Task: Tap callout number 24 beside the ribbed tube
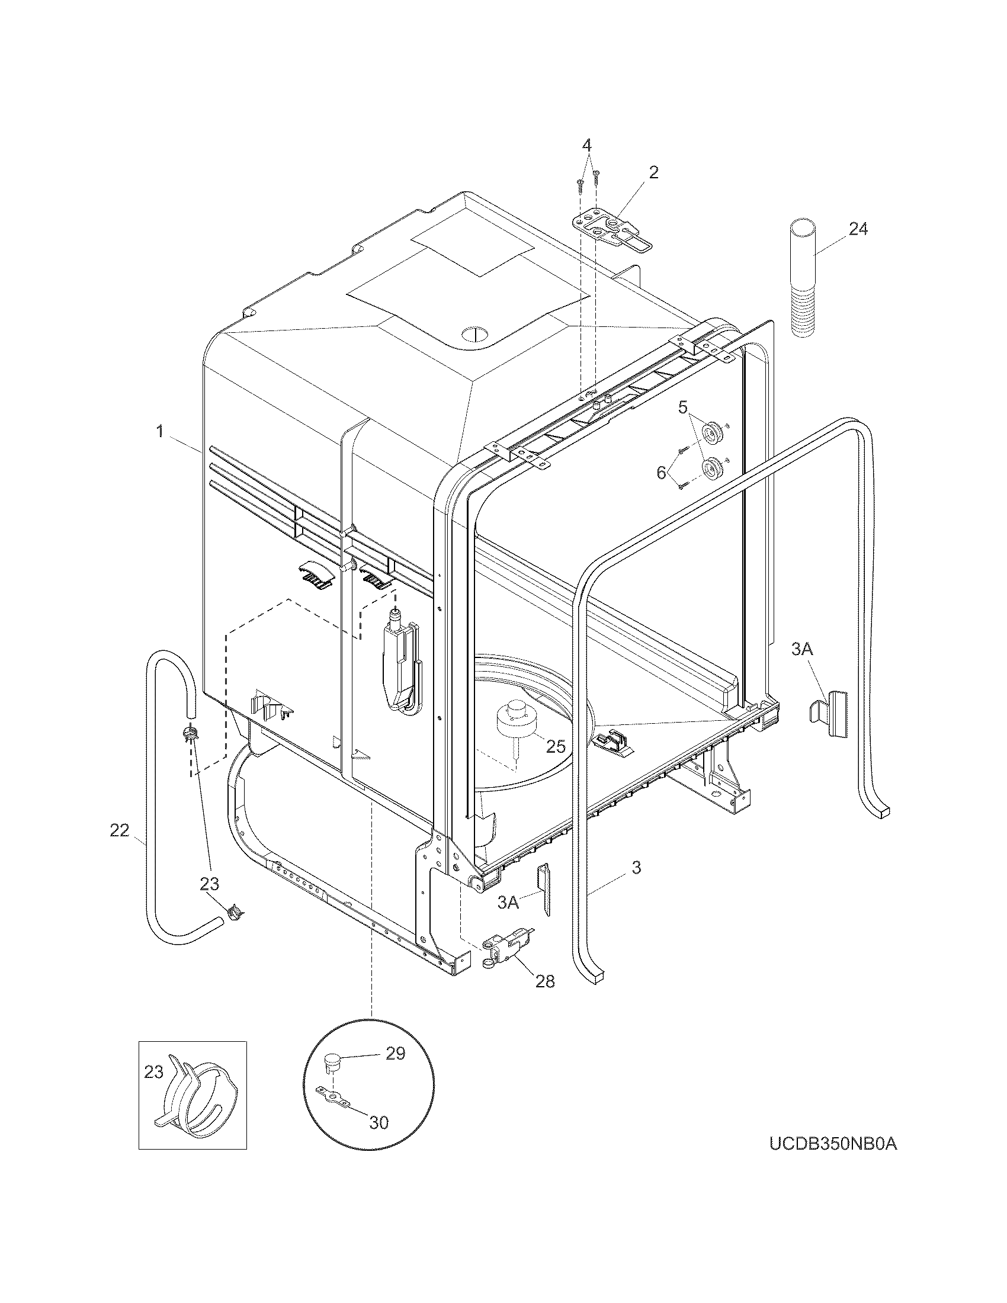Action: (858, 229)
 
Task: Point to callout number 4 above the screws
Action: (587, 145)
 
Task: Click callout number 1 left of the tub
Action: (160, 431)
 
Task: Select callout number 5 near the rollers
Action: (682, 407)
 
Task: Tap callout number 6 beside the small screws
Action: (661, 473)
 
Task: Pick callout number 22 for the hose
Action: (119, 830)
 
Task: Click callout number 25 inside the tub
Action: (556, 746)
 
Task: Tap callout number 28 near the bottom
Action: (544, 981)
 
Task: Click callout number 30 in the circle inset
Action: (379, 1122)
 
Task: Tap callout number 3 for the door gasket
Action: (636, 867)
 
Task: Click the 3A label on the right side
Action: (802, 650)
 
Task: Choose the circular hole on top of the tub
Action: (476, 333)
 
